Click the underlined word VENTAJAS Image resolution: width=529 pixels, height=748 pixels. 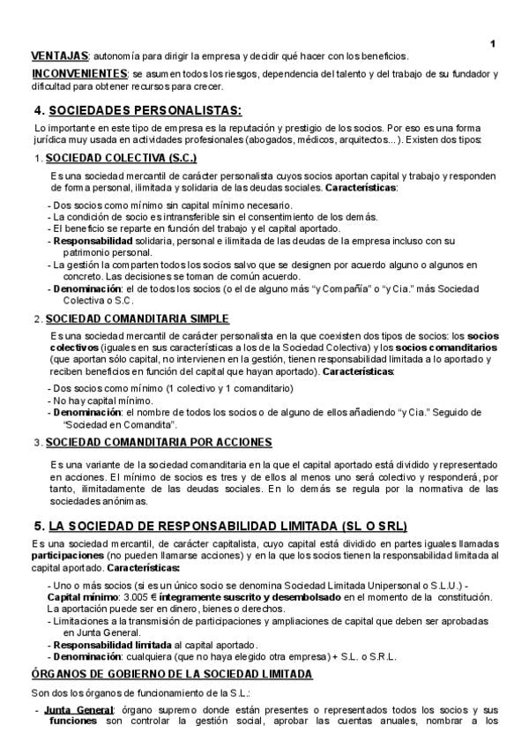(x=59, y=56)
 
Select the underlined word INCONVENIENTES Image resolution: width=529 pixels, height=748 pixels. (x=79, y=73)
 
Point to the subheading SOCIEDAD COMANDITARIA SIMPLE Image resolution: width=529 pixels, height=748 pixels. (x=138, y=318)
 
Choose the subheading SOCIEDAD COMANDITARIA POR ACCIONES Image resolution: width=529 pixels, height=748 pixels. (x=159, y=442)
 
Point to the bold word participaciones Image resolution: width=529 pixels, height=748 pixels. (x=67, y=557)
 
